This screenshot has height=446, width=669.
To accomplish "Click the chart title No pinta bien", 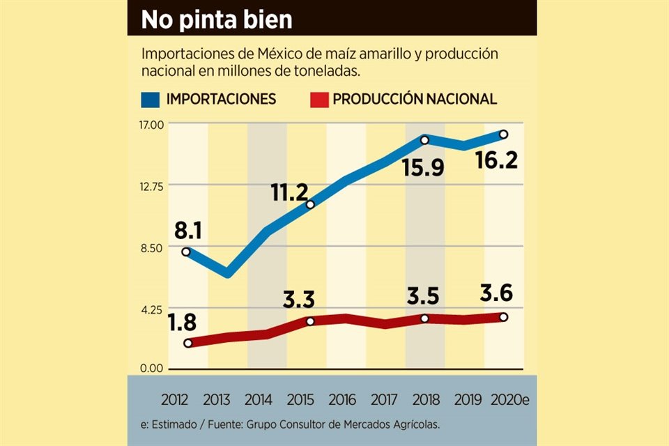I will pos(217,19).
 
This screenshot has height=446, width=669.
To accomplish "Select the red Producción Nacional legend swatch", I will pos(318,99).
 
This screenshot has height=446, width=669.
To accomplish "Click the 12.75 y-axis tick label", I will pos(151,185).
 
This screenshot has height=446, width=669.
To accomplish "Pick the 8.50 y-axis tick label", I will pos(151,247).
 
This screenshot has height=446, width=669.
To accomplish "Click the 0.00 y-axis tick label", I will pos(151,369).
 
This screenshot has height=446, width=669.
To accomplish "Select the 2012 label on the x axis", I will pos(176,400).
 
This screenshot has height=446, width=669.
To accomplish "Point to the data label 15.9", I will pos(423,167).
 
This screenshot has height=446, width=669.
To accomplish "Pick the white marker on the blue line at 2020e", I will pos(503,134).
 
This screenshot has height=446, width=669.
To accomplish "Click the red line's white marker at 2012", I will pos(187,343).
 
